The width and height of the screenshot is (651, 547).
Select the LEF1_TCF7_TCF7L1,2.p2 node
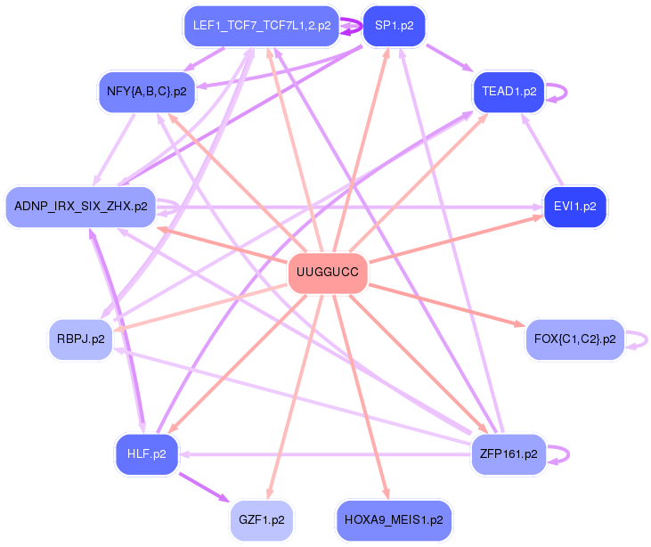[x=262, y=26]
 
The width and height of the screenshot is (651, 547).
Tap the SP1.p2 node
[x=394, y=26]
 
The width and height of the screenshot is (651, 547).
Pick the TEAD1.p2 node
[x=509, y=91]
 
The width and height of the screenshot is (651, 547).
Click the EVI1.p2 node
[x=574, y=206]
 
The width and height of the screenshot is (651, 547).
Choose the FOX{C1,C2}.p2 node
[x=574, y=339]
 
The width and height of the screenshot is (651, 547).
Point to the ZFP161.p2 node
[x=508, y=453]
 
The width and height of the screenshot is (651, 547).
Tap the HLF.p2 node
[x=147, y=453]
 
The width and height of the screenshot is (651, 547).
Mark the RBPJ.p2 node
[x=81, y=339]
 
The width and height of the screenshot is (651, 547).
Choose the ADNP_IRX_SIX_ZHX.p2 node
[x=80, y=206]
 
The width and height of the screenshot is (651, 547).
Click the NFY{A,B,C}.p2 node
[x=146, y=91]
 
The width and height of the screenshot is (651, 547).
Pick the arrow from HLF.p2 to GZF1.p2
[x=205, y=486]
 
